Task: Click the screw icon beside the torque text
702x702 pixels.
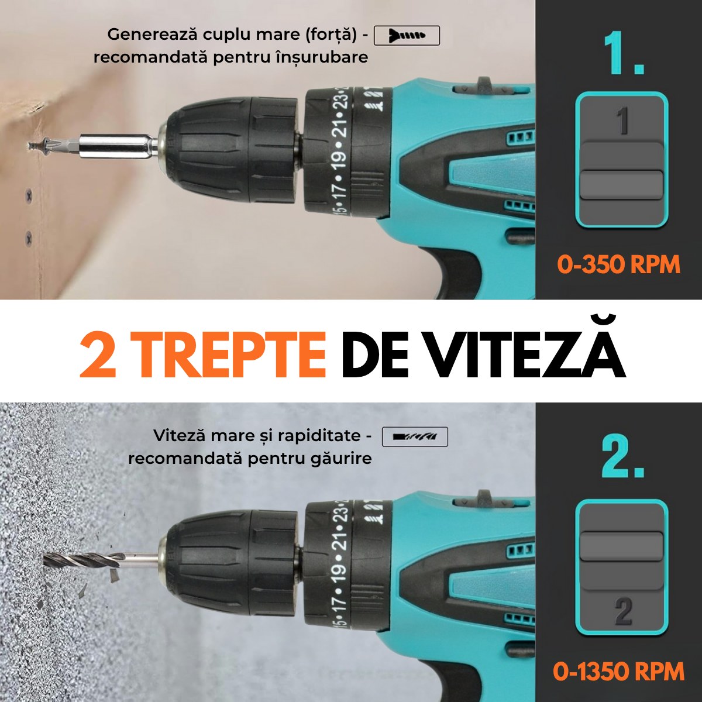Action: (407, 36)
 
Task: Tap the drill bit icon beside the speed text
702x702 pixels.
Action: (415, 436)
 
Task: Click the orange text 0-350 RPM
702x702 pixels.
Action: (618, 264)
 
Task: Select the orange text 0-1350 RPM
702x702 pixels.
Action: (618, 672)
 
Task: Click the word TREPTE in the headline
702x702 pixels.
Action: (228, 355)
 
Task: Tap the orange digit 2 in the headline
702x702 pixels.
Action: (98, 355)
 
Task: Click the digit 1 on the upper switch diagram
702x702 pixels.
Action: (622, 121)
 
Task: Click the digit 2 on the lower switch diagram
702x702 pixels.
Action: (624, 611)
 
